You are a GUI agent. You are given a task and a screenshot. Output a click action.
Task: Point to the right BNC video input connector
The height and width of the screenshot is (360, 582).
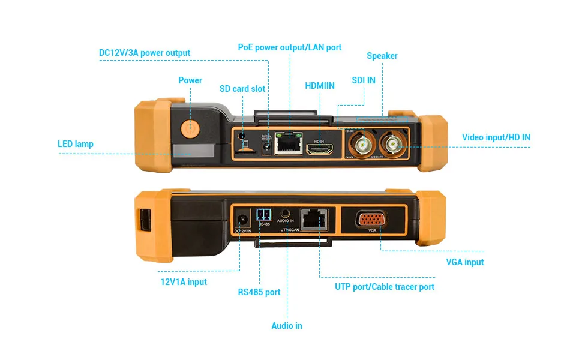coord(393,143)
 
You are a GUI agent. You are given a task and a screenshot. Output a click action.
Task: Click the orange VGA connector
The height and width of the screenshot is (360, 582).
coord(372,219)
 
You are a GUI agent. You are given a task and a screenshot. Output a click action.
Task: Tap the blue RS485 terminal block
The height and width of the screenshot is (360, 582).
coord(264,215)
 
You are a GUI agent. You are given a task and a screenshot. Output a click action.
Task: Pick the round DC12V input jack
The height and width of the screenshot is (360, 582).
coord(242,220)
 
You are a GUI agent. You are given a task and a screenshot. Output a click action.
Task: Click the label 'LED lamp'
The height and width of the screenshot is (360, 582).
coord(76,144)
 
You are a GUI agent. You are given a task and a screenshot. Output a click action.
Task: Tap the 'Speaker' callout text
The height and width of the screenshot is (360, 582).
coord(382,56)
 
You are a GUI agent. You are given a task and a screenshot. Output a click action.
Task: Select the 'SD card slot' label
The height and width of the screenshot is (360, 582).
coord(242,89)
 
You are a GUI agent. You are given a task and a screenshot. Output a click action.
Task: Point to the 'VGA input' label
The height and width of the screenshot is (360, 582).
coord(465,262)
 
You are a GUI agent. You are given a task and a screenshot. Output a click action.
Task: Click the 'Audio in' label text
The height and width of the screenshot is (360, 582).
coord(287,326)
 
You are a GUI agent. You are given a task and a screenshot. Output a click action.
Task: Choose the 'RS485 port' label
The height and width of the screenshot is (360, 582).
coord(259,292)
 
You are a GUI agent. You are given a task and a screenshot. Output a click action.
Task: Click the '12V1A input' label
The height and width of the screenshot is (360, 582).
coord(183,282)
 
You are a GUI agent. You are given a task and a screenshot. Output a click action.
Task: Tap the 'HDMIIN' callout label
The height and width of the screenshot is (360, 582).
coord(320,86)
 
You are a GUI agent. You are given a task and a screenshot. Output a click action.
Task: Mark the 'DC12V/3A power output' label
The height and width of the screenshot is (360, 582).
coord(145,53)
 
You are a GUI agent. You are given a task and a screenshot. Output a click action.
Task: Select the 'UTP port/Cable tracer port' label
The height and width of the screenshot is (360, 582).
coord(385,287)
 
